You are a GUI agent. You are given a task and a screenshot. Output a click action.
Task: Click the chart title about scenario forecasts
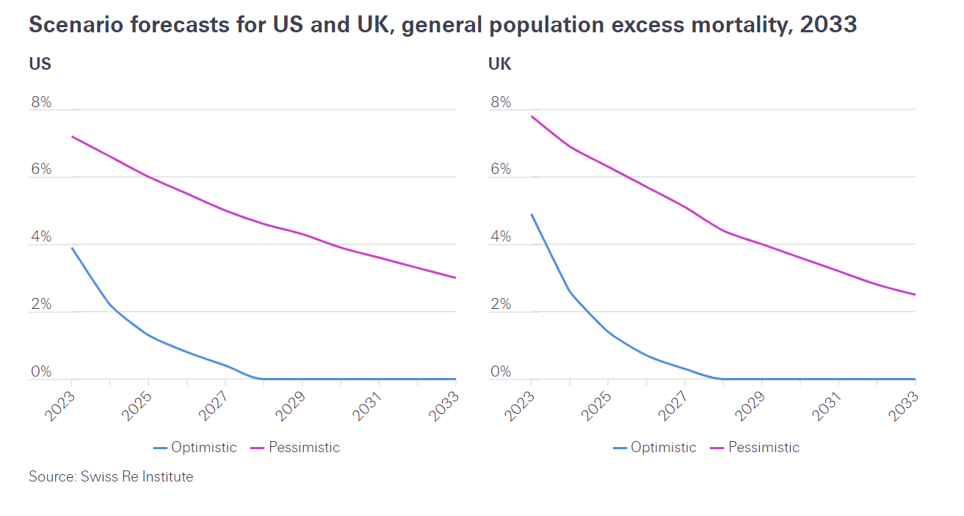442,25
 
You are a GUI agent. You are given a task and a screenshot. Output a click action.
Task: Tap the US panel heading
40,64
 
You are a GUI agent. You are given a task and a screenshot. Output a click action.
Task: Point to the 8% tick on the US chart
41,102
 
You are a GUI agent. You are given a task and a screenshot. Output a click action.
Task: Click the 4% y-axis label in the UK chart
501,237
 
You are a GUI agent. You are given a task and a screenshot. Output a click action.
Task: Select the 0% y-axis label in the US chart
41,371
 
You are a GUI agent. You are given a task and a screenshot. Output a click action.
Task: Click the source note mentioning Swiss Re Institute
111,476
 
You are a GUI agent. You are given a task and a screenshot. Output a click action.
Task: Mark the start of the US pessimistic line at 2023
71,137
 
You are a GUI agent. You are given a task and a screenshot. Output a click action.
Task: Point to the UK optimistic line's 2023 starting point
531,214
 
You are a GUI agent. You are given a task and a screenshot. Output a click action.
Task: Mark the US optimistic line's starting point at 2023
71,247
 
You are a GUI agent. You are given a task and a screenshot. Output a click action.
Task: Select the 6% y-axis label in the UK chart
501,170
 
